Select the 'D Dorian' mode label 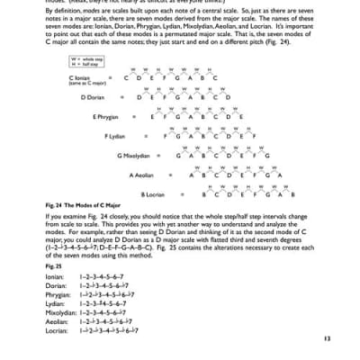click(94, 97)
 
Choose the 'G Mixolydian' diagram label click(133, 156)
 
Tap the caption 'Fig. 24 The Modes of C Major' click(82, 205)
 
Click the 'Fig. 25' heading click(53, 267)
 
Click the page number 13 click(325, 338)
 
